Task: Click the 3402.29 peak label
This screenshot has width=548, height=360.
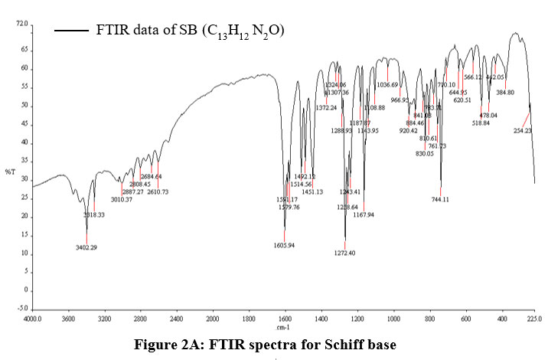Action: pyautogui.click(x=86, y=247)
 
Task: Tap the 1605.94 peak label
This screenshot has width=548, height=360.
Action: pyautogui.click(x=284, y=245)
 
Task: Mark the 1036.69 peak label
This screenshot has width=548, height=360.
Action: pyautogui.click(x=388, y=85)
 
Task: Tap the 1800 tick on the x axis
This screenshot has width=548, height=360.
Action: pyautogui.click(x=248, y=316)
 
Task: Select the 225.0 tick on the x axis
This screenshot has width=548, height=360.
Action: pyautogui.click(x=533, y=316)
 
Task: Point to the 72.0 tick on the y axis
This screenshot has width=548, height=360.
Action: pyautogui.click(x=21, y=25)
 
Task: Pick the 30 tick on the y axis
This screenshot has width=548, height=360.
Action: pyautogui.click(x=24, y=180)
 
